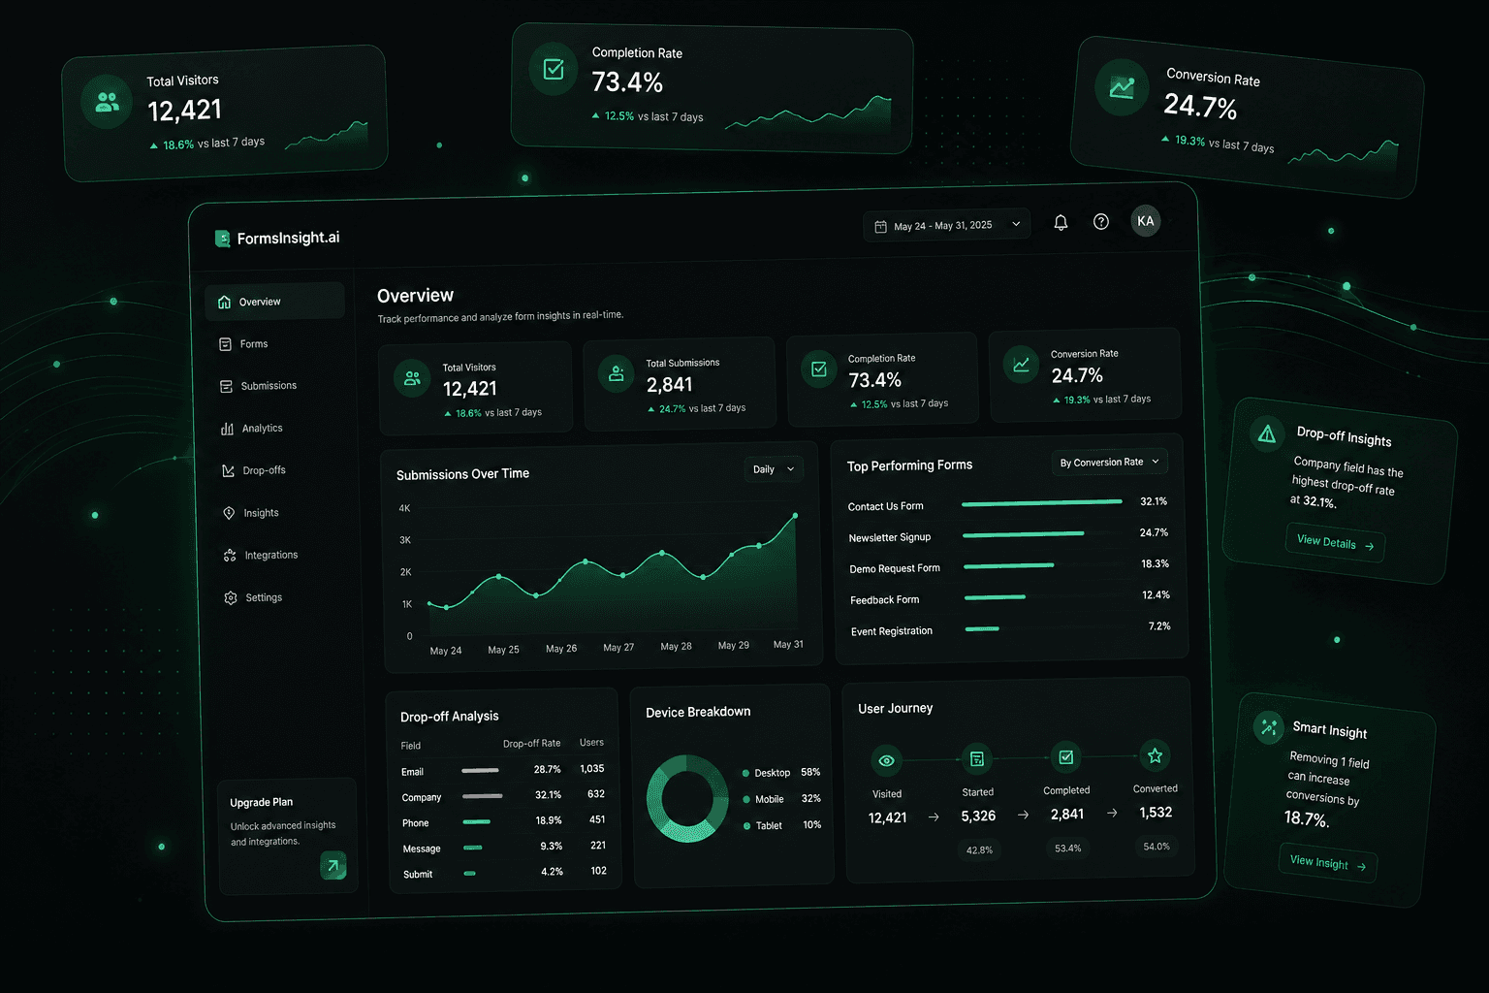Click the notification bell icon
point(1061,222)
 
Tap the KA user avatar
point(1145,221)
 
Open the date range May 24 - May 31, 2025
point(946,226)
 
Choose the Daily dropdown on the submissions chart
point(773,469)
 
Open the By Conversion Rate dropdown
point(1109,462)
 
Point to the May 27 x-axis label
point(618,647)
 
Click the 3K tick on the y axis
point(405,540)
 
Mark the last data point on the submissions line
point(795,516)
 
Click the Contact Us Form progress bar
point(1042,503)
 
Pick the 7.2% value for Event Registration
point(1159,625)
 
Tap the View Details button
point(1335,543)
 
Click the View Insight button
point(1327,863)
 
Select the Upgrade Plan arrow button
point(333,865)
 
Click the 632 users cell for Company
point(595,793)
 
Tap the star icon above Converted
point(1155,755)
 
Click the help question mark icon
point(1101,221)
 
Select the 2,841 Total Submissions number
point(670,384)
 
